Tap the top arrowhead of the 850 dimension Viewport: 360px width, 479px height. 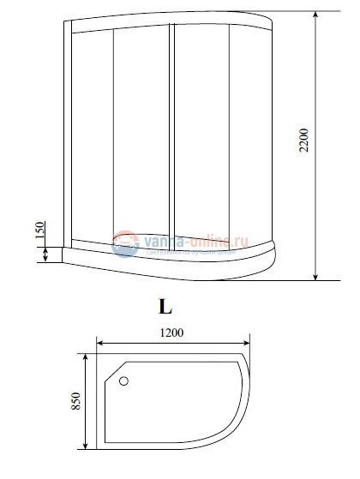point(84,355)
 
